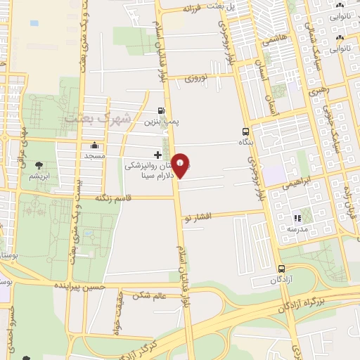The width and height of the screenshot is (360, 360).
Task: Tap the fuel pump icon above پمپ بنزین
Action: pyautogui.click(x=162, y=111)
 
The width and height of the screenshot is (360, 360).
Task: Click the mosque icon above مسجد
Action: pyautogui.click(x=94, y=144)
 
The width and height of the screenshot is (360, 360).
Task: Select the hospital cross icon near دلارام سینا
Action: pyautogui.click(x=157, y=155)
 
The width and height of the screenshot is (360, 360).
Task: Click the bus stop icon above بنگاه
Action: pyautogui.click(x=245, y=131)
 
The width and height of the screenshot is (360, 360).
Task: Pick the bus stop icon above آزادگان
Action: pyautogui.click(x=281, y=269)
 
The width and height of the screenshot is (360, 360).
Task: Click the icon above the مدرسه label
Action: pyautogui.click(x=297, y=218)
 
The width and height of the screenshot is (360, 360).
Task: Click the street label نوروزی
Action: pyautogui.click(x=198, y=79)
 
